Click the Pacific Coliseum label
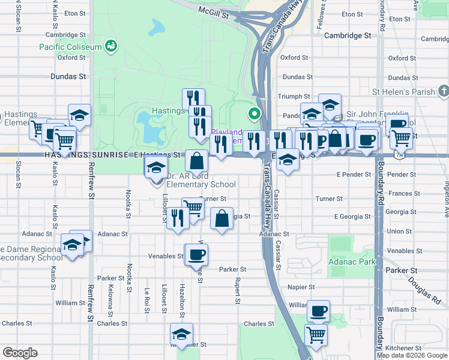tap(70, 46)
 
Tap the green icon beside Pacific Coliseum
tap(110, 46)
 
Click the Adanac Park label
tap(352, 262)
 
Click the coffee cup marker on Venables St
tap(196, 255)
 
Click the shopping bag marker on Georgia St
tap(222, 218)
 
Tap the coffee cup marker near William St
tap(318, 311)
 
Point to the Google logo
tap(20, 353)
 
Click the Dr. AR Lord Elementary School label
tap(200, 181)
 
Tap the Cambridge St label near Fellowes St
tap(348, 35)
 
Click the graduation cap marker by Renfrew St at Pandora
tap(79, 115)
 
